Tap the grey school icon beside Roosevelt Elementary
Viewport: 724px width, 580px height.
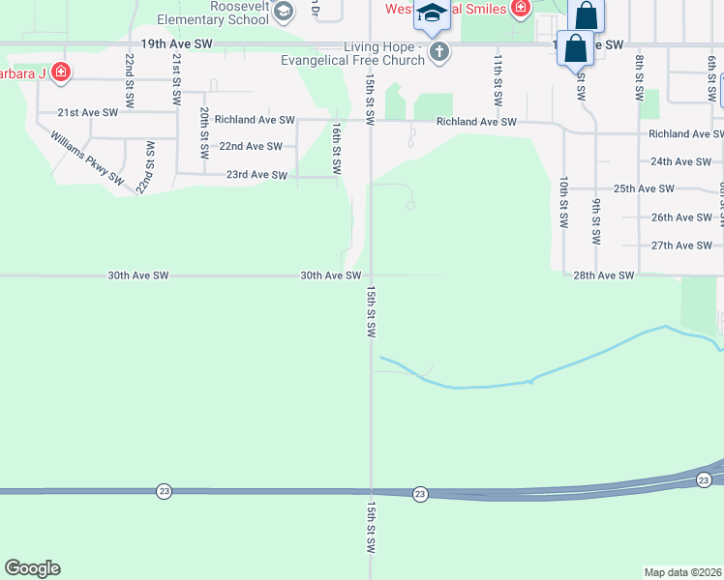284,12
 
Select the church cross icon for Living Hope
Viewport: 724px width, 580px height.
439,51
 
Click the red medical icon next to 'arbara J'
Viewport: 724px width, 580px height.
61,72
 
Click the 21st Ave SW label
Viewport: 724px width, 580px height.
87,112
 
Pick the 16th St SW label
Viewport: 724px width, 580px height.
336,147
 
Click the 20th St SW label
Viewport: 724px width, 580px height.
204,132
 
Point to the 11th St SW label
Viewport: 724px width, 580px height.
497,79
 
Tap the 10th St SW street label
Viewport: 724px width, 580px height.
562,202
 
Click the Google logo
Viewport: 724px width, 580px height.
33,568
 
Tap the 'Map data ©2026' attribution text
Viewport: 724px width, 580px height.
683,571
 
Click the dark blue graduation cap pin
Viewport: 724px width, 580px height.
432,15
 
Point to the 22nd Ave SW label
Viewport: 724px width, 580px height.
251,146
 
